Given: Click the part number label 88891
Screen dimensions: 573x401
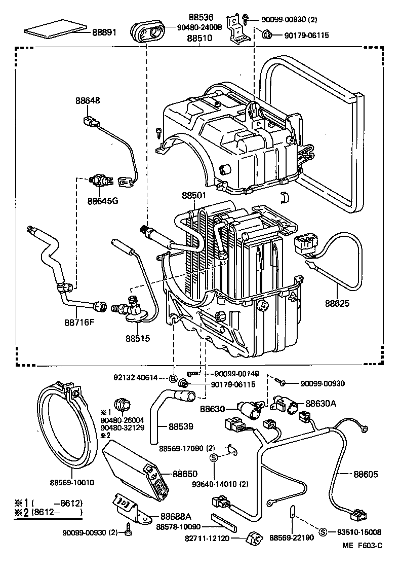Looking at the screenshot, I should coord(104,32).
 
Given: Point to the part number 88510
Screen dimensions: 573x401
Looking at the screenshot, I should coord(199,38).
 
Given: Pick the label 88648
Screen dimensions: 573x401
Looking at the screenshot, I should coord(88,100).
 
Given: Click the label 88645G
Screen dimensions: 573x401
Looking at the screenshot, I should coord(102,201).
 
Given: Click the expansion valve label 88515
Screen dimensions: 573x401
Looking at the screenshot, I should coord(138,337).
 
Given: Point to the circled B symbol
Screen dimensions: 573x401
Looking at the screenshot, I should coord(173,378).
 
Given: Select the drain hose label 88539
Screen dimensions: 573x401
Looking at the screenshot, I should coord(181,426).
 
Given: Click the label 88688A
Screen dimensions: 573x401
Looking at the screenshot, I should coord(176,516).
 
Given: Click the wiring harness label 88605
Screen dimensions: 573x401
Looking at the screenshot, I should coord(366,474).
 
